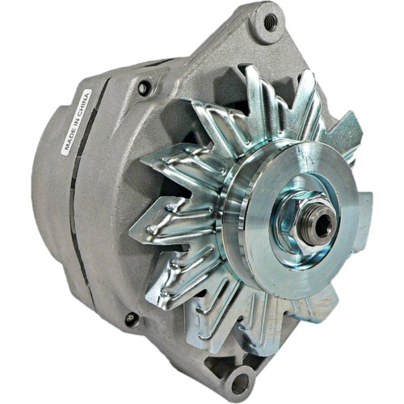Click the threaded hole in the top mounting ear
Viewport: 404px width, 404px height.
click(268, 22)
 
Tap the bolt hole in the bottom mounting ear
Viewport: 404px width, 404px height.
click(240, 378)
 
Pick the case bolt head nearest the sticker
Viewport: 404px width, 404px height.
click(144, 87)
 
